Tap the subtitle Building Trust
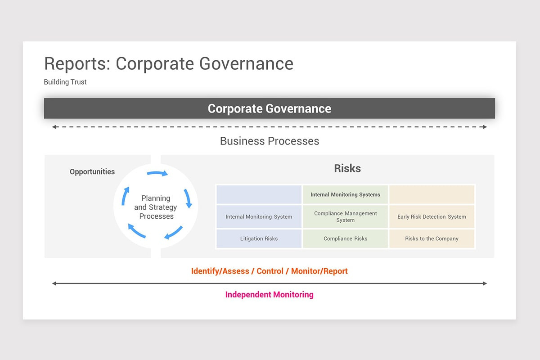[65, 82]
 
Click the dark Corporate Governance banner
[269, 108]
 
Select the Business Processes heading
[269, 141]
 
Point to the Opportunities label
[92, 171]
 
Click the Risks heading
[347, 168]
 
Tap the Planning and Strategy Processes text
[156, 207]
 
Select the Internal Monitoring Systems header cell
[345, 194]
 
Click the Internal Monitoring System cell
[259, 216]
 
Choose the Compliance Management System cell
[345, 216]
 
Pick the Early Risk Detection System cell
[432, 216]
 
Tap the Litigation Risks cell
[259, 238]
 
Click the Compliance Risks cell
[345, 238]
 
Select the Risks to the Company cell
[432, 238]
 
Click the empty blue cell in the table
[259, 194]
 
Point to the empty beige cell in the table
[432, 194]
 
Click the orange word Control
[270, 271]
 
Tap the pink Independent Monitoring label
[269, 295]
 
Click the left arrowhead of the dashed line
[54, 127]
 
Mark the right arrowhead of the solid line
[485, 283]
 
